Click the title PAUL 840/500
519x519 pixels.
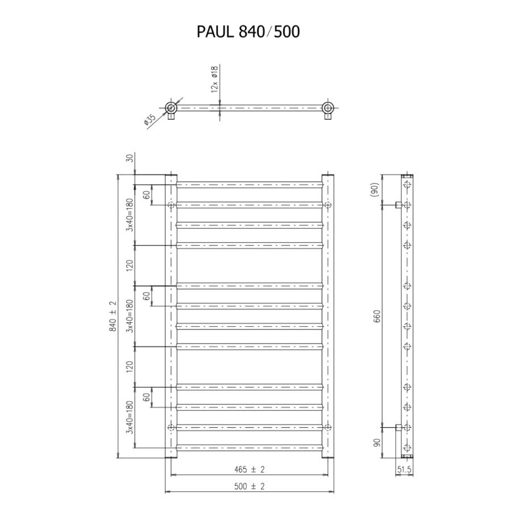pos(248,32)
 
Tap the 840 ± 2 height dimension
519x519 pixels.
pos(113,316)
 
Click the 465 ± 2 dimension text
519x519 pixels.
pos(249,469)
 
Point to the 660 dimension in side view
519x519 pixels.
pos(376,317)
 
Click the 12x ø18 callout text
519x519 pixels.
pos(214,79)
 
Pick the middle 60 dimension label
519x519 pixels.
pos(147,296)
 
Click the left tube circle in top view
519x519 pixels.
pos(171,108)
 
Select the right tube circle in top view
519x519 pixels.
pos(328,108)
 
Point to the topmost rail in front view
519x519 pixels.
pos(250,185)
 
